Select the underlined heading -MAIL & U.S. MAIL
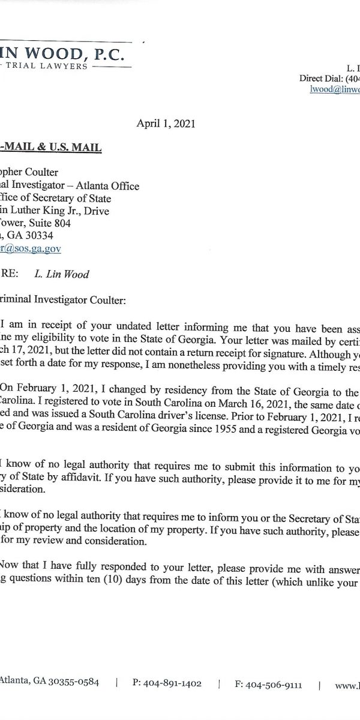pyautogui.click(x=50, y=147)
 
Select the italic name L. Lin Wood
pyautogui.click(x=62, y=274)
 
